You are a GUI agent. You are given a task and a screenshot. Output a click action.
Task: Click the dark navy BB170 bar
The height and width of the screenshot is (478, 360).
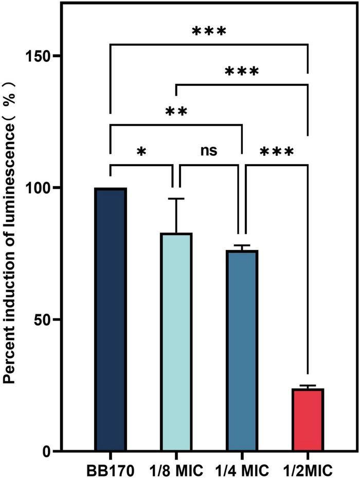111,319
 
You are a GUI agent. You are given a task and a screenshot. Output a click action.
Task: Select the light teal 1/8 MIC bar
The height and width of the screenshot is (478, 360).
176,342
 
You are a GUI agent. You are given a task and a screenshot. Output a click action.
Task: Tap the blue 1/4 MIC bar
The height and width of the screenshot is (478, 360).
242,350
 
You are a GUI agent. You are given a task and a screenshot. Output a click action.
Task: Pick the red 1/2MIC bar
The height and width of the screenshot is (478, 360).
308,419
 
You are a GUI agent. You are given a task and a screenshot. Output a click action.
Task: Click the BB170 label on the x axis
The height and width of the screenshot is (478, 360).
110,470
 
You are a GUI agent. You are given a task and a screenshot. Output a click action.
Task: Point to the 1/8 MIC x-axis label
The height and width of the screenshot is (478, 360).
176,470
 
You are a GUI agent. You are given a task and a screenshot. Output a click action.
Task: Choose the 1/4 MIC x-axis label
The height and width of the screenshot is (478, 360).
242,470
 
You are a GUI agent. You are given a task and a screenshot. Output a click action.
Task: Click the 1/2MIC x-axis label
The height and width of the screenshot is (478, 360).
308,470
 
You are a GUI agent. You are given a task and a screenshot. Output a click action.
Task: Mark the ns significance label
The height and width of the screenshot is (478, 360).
209,151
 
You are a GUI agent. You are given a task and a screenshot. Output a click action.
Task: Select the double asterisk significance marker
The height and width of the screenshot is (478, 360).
176,112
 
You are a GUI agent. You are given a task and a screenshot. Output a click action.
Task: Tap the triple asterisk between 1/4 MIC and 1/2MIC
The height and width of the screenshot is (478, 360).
277,152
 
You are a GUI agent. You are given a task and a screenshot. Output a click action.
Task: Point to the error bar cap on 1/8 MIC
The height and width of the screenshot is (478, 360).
176,199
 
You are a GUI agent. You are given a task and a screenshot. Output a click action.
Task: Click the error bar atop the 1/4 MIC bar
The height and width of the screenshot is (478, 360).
242,246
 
